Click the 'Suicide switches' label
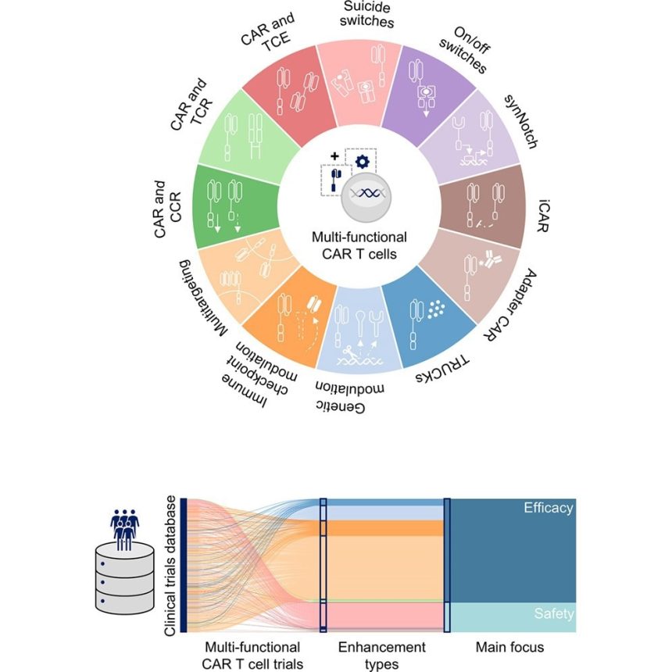[366, 14]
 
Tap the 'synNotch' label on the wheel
[521, 122]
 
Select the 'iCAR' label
[543, 216]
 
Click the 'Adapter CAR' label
[511, 306]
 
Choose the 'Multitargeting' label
[202, 298]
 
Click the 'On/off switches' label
[467, 50]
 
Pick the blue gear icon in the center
[362, 162]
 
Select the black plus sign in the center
[334, 156]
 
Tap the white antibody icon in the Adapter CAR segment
[491, 259]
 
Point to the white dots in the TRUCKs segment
[436, 309]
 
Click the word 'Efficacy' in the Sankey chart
[548, 508]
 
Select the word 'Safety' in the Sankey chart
[554, 613]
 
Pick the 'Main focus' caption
[509, 647]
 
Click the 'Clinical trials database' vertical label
[170, 566]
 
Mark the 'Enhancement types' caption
[381, 655]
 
